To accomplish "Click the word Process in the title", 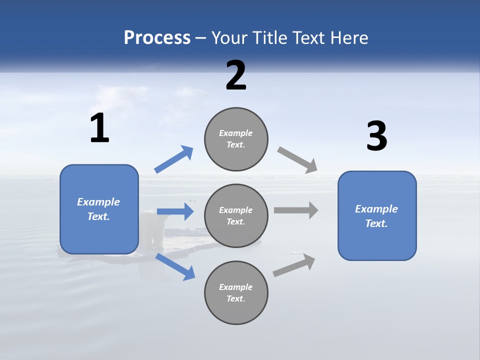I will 157,38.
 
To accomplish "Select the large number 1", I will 99,128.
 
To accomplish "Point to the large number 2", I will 236,75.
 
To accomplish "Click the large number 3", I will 376,136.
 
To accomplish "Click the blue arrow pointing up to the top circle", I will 174,159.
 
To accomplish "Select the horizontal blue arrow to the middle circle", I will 175,211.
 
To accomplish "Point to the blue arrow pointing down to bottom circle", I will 175,266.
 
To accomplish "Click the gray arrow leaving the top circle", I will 297,160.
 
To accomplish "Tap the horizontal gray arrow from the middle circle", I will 296,210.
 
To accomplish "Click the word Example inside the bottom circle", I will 236,287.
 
